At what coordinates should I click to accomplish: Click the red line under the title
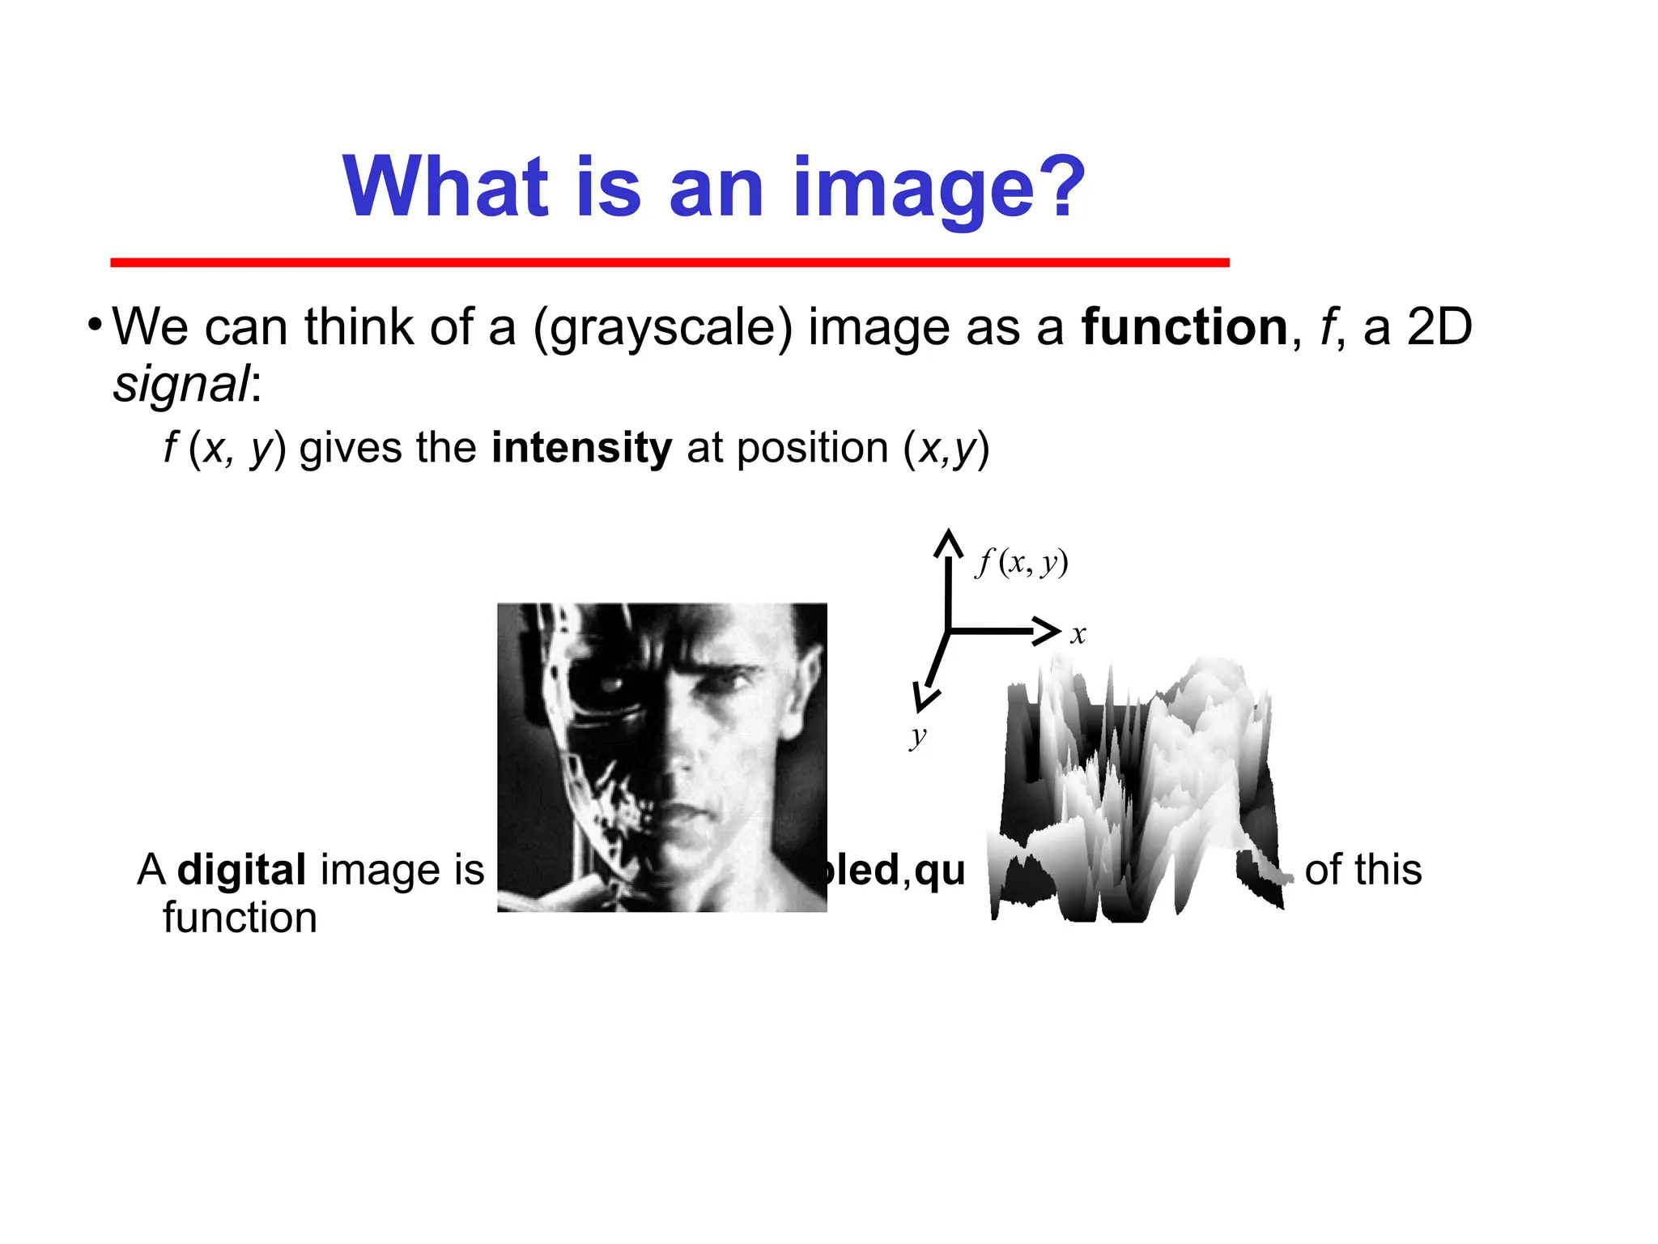point(670,262)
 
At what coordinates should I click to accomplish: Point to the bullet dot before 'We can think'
point(96,326)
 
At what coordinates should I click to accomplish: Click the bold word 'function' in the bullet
point(1184,327)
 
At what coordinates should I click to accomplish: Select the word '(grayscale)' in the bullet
point(662,329)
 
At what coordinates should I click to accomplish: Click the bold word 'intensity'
point(581,448)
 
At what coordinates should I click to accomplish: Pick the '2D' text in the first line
point(1439,327)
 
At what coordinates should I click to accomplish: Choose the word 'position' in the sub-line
point(812,448)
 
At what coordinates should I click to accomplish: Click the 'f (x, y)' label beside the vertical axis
point(1022,561)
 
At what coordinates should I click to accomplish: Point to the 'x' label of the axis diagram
point(1078,634)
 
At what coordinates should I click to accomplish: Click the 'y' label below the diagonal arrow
point(917,736)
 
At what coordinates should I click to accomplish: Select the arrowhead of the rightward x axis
point(1048,630)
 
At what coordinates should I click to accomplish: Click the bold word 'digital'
point(241,870)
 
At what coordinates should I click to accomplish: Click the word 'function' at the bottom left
point(240,918)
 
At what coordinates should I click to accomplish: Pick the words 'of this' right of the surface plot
point(1363,870)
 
